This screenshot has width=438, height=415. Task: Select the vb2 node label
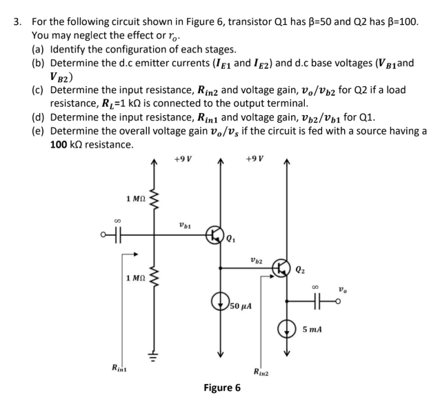point(256,259)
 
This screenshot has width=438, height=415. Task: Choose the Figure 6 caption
point(222,388)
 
